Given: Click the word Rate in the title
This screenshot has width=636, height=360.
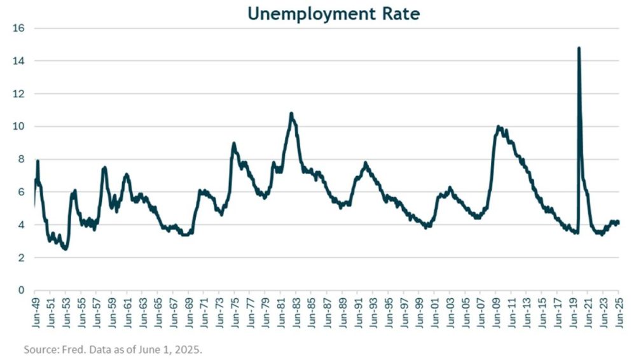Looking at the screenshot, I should tap(399, 13).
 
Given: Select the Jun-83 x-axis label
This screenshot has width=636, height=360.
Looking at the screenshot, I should tap(296, 314).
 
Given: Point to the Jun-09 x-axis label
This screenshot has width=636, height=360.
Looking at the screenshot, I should tap(496, 314).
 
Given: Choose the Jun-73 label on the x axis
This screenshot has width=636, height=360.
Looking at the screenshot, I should tap(219, 314).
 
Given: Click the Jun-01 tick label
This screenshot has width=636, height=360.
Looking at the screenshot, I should tap(434, 314).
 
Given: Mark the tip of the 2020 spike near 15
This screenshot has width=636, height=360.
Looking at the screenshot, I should tap(578, 48).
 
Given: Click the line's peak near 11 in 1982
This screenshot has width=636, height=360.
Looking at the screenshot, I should tap(291, 114).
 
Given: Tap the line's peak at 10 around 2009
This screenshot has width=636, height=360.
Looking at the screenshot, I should tap(499, 127).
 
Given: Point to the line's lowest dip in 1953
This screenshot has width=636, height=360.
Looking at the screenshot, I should tap(65, 249).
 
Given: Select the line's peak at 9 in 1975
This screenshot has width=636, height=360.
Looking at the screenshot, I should tap(233, 143).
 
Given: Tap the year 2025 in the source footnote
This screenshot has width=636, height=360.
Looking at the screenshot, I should tap(190, 350).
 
